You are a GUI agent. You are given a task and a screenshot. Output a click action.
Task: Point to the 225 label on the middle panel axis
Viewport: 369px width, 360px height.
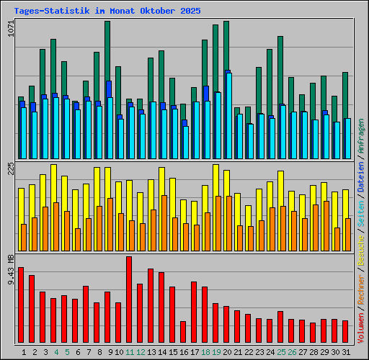[x=10, y=168]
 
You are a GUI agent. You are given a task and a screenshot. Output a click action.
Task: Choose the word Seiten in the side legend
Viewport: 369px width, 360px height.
[x=361, y=217]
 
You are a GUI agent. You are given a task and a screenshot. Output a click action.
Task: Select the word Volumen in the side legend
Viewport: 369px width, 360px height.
[x=361, y=328]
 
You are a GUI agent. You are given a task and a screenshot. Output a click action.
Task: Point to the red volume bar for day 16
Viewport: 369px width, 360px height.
[x=183, y=332]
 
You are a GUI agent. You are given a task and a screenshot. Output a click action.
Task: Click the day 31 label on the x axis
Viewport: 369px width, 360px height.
[x=346, y=352]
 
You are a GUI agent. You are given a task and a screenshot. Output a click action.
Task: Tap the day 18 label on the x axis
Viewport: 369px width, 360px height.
[x=205, y=352]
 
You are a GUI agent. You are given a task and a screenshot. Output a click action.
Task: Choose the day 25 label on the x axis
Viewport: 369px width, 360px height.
[x=281, y=352]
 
